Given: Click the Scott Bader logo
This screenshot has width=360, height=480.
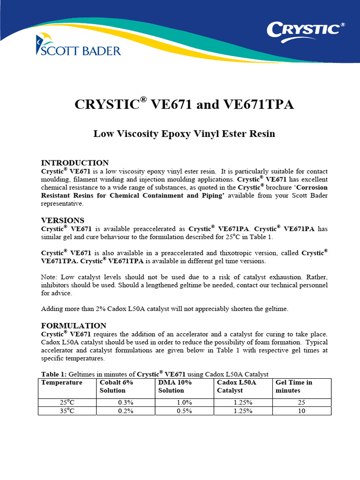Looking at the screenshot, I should [x=78, y=46].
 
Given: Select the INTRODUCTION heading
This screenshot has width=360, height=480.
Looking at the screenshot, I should [x=75, y=163].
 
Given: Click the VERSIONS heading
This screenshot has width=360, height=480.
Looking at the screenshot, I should [x=63, y=220].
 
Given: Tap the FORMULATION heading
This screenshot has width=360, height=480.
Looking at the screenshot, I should [x=74, y=325].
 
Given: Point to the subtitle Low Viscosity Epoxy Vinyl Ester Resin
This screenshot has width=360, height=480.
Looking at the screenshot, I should [x=184, y=134].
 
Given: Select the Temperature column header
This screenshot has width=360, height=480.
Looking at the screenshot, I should [x=62, y=382].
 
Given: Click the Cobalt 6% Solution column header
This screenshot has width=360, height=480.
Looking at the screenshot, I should [x=116, y=386].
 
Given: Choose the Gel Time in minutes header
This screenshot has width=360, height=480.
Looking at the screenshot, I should [x=293, y=386].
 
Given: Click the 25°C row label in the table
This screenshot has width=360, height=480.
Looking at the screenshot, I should [x=67, y=402].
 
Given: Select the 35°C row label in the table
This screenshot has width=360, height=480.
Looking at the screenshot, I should [x=67, y=411].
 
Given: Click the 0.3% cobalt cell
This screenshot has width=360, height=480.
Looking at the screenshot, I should [x=126, y=402].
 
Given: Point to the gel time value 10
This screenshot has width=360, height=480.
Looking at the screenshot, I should [x=301, y=411].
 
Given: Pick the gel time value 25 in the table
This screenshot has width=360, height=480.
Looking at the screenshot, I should [x=301, y=402].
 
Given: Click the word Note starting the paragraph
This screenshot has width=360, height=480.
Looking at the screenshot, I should [x=49, y=277].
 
